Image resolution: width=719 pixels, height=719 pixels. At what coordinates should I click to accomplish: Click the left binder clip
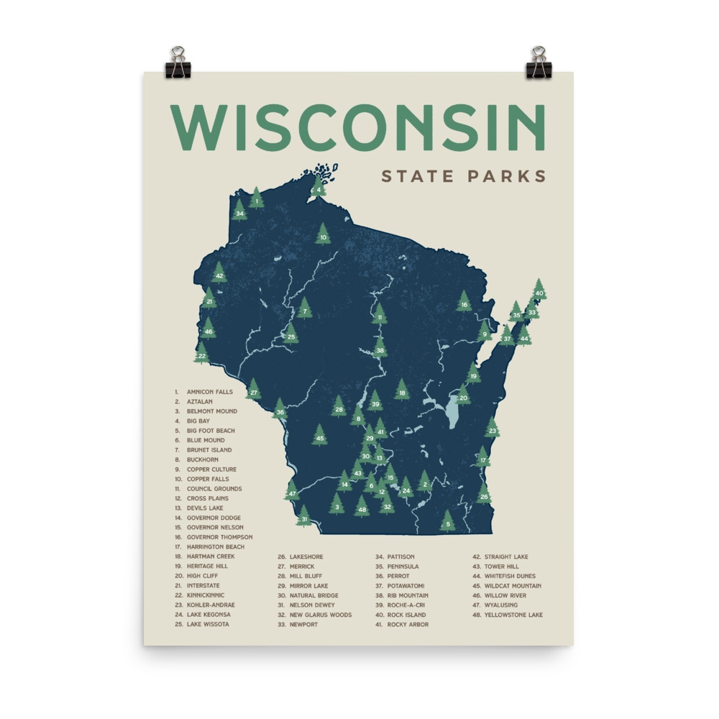point(177,63)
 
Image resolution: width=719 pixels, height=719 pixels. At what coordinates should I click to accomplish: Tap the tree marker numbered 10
point(323,234)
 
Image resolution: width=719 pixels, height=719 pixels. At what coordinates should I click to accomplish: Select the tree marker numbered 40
point(539,290)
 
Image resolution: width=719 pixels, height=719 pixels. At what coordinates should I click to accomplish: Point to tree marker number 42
point(219,273)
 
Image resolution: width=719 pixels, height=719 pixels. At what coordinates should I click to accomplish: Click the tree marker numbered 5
point(447,522)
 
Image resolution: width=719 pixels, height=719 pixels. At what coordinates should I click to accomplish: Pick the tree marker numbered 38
point(380,349)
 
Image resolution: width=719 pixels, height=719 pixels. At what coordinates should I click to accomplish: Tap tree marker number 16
point(464,303)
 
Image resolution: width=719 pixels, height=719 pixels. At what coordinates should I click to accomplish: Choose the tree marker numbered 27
point(253,390)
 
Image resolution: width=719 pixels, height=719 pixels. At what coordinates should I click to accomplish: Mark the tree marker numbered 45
point(319,436)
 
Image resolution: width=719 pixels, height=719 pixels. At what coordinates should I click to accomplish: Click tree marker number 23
point(492,429)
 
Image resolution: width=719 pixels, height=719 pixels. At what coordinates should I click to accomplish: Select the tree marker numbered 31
point(304,516)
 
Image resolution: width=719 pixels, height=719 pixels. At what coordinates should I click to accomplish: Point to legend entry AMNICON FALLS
point(209,392)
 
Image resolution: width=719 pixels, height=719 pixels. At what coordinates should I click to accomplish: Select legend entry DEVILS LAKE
point(206,508)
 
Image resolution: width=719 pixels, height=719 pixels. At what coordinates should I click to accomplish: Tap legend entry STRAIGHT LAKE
point(505,557)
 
